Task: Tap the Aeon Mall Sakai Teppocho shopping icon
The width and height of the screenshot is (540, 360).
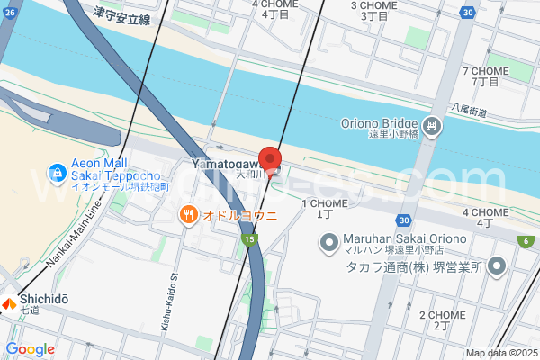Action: (x=57, y=171)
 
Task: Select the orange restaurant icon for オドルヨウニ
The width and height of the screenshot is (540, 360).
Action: (x=189, y=214)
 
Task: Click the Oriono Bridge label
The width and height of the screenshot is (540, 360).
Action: (x=380, y=124)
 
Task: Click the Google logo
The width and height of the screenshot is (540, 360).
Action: (x=31, y=349)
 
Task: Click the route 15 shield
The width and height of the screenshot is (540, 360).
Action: (x=247, y=240)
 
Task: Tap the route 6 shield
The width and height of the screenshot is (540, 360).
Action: (x=525, y=240)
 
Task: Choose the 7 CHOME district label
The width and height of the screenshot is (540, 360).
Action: (x=485, y=71)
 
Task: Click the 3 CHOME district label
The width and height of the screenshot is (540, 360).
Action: (x=374, y=5)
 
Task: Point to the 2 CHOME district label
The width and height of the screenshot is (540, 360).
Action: (x=442, y=315)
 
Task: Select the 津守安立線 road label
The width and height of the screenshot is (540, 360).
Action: (x=121, y=17)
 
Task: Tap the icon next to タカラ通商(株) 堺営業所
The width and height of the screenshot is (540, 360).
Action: (x=495, y=266)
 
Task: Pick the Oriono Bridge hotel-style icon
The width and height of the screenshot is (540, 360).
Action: (x=432, y=124)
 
